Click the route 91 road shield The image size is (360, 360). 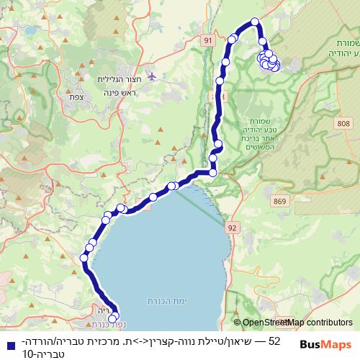(209, 42)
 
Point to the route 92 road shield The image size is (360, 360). (232, 227)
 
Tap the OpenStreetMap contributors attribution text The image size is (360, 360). (297, 323)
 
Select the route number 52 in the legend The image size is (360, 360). (273, 338)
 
